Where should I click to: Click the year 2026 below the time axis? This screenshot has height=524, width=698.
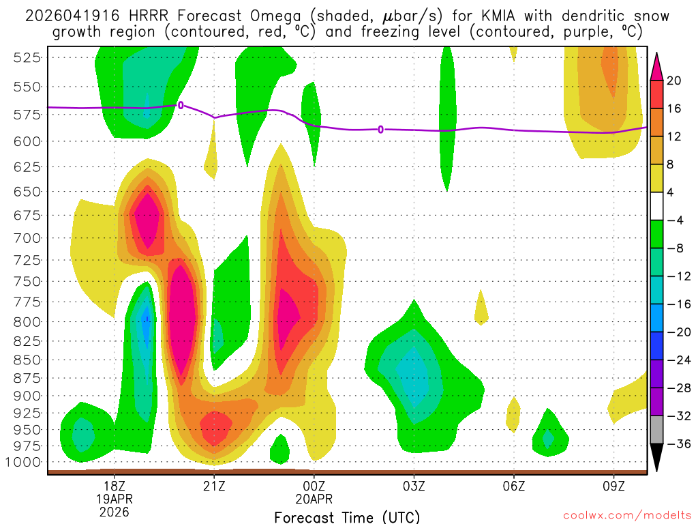115,511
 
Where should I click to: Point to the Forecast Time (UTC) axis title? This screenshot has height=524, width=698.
347,517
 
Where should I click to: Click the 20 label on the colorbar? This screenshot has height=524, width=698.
674,81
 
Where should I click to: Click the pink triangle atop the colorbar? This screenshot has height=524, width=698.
657,66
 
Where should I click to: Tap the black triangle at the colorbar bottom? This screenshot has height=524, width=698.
657,458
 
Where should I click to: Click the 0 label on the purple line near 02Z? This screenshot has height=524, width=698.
380,129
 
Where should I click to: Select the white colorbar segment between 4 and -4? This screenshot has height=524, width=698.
657,206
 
